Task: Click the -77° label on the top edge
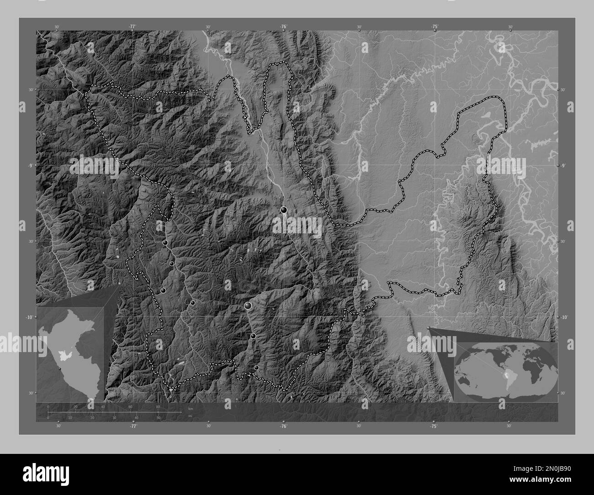(x=132, y=27)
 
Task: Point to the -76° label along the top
(x=283, y=27)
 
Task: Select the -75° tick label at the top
(x=434, y=27)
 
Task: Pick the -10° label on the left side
(x=29, y=317)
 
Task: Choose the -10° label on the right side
(x=565, y=317)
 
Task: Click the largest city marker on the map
(x=248, y=305)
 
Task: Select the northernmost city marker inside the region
(x=284, y=210)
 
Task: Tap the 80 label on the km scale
(x=158, y=407)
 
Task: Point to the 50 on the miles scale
(x=158, y=417)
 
